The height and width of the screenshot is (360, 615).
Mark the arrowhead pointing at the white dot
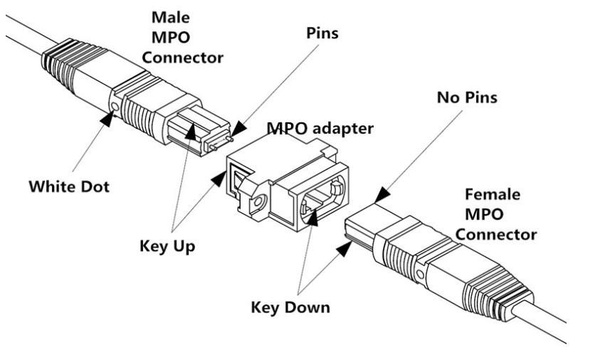click(107, 121)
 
